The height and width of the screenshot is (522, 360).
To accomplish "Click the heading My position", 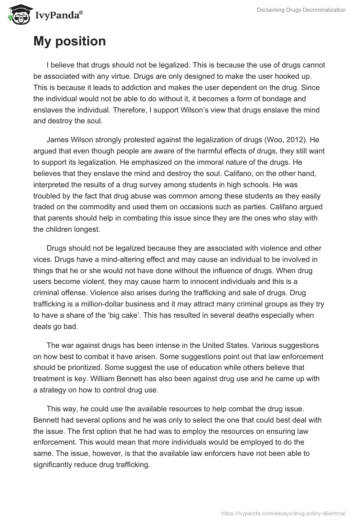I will click(x=69, y=41).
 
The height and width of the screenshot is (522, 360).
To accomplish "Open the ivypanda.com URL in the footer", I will click(x=283, y=512).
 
